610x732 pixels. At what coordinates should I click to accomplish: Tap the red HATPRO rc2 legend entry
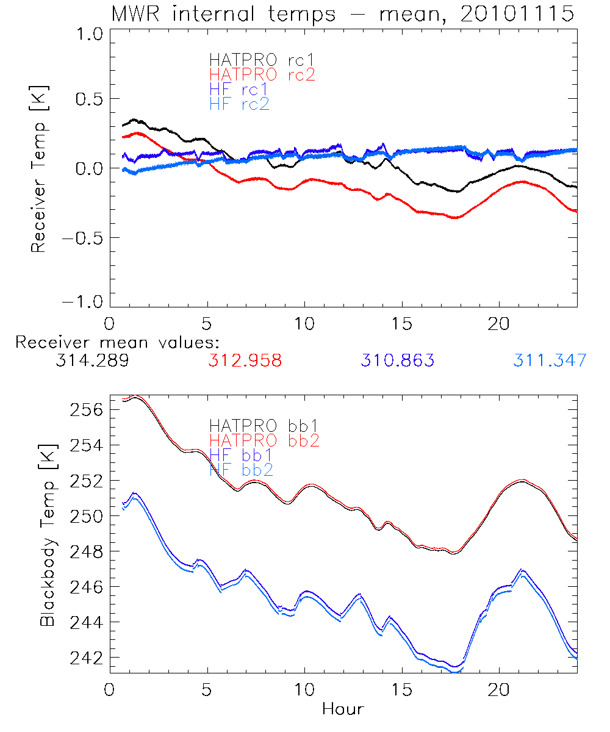pos(262,75)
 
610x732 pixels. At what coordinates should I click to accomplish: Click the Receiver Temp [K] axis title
pos(39,170)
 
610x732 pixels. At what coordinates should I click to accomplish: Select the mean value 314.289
pos(91,361)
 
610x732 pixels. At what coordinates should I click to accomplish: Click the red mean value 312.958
pos(245,361)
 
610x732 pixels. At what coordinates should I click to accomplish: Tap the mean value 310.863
pos(398,361)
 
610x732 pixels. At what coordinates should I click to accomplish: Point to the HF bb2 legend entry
pos(241,470)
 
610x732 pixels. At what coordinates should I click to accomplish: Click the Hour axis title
pos(343,709)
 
